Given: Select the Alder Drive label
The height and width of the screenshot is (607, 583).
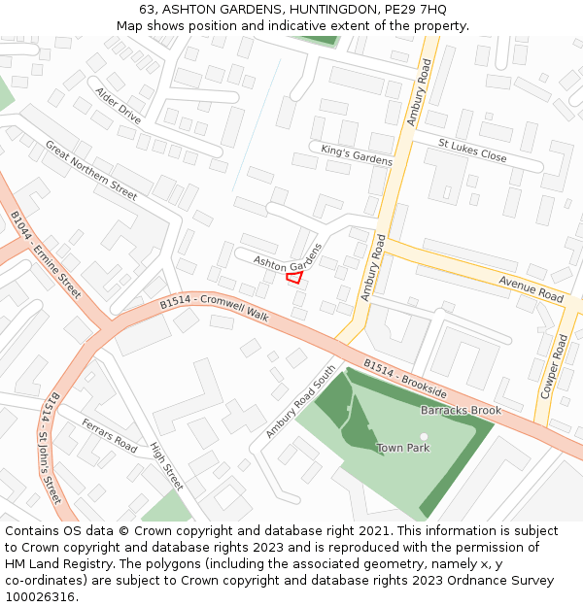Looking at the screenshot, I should click(x=118, y=105).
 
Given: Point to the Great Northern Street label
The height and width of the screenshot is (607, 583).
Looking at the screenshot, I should click(x=91, y=170).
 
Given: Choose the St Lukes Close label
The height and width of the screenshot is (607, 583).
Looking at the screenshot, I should click(x=472, y=151).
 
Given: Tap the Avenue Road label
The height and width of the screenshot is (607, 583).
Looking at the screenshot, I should click(x=531, y=288).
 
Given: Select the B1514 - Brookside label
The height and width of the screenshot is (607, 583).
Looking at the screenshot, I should click(x=405, y=378).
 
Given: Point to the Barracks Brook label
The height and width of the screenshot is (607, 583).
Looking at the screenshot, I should click(x=461, y=411).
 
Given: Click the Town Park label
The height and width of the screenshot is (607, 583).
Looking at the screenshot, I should click(x=403, y=448).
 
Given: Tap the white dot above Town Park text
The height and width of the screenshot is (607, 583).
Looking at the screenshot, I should click(x=424, y=437).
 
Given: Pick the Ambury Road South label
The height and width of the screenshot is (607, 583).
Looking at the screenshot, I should click(x=300, y=401).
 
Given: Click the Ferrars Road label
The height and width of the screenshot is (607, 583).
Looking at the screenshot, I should click(x=110, y=435).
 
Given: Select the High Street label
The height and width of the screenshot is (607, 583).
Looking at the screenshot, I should click(x=166, y=465).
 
